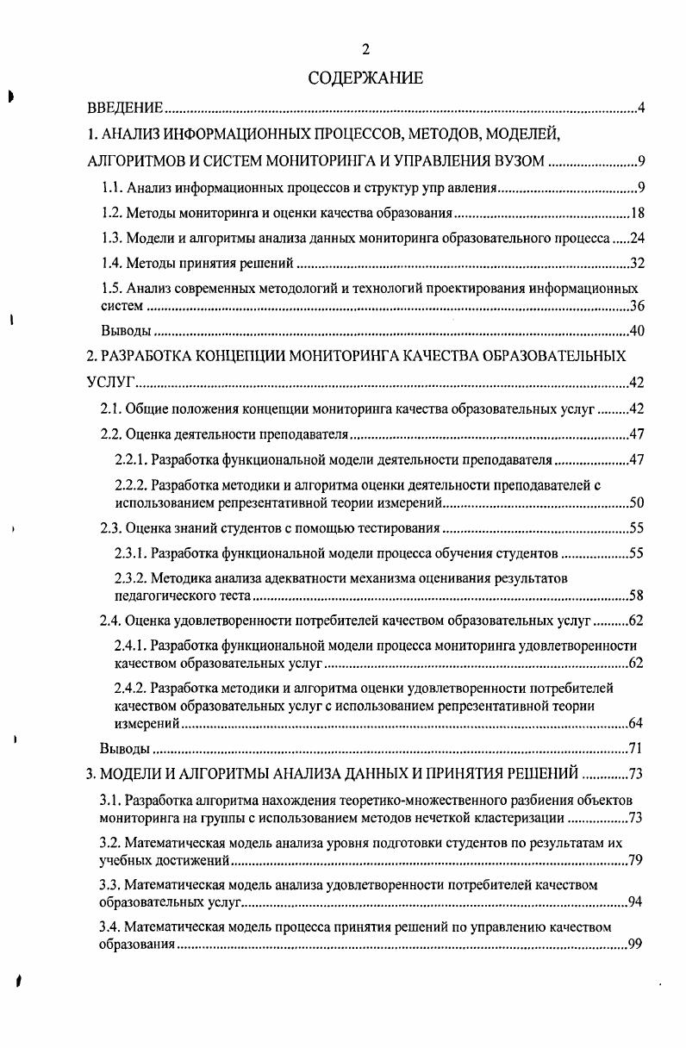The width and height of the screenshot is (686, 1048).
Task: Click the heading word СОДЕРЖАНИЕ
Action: [365, 78]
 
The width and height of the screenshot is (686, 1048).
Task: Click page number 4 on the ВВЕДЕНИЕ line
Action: [640, 109]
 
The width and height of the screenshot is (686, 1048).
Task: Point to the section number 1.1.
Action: [112, 188]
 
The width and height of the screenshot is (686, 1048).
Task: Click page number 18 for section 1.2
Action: [637, 214]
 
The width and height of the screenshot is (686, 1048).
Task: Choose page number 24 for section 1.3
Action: [637, 239]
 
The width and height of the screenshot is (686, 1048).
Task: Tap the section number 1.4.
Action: [112, 264]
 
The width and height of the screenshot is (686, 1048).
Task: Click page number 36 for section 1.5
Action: [637, 306]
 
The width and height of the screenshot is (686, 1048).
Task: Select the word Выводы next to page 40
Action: [126, 331]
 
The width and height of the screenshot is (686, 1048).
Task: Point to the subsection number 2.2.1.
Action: [131, 460]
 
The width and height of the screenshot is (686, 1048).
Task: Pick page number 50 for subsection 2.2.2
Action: [637, 502]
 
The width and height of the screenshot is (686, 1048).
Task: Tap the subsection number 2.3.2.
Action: [131, 578]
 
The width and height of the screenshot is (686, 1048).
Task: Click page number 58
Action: [637, 596]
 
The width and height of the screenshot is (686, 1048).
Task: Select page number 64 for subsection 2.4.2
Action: [637, 723]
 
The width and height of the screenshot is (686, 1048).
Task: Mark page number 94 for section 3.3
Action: [637, 902]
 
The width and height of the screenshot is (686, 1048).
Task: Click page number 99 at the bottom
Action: [637, 945]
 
